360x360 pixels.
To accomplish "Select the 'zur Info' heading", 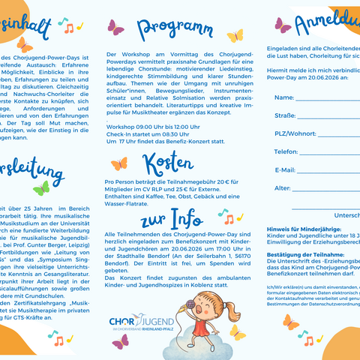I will tap(172, 218).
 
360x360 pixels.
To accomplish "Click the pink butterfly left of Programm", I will tap(116, 28).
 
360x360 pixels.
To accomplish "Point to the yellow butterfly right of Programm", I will tap(235, 35).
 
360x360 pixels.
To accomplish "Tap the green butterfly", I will tap(41, 187).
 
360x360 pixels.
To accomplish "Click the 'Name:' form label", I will tap(283, 97).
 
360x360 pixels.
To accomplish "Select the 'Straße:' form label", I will tap(285, 115).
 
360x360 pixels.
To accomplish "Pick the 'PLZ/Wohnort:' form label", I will tap(295, 133).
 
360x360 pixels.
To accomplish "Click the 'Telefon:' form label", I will tap(286, 151).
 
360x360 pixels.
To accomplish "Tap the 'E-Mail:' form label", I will tap(285, 169).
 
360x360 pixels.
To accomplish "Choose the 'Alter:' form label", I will tap(283, 187).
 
